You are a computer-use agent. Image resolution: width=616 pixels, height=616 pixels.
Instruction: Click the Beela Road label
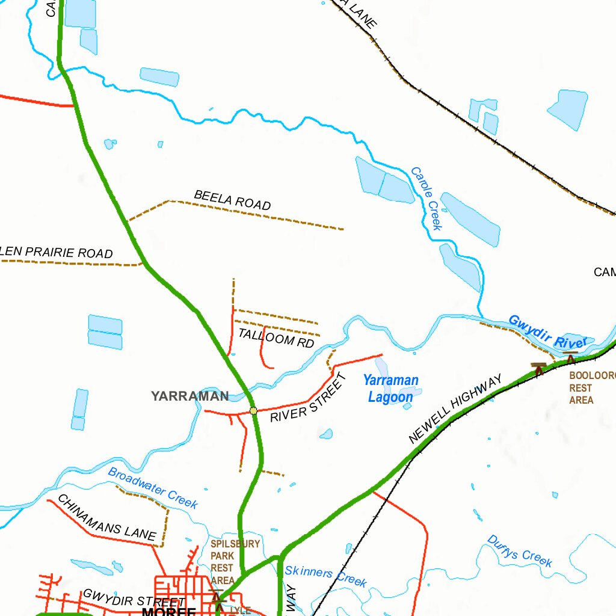point(232,200)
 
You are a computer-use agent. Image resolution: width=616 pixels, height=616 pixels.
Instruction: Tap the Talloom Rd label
point(276,337)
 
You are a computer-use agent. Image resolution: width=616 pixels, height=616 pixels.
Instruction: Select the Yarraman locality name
point(189,396)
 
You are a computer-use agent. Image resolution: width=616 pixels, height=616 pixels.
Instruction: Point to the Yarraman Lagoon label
point(391,389)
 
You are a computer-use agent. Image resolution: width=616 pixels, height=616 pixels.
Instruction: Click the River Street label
point(309,398)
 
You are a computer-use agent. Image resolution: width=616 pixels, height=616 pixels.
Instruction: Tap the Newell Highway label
point(455,410)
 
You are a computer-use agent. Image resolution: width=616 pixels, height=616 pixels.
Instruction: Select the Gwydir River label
point(547,332)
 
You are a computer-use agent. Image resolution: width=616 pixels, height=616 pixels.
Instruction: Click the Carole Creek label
point(427,199)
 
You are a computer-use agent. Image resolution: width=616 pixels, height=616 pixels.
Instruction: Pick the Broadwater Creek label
point(153,488)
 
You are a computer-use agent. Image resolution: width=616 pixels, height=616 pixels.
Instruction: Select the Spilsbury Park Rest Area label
point(235,562)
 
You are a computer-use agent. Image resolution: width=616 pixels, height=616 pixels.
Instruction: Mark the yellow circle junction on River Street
point(253,411)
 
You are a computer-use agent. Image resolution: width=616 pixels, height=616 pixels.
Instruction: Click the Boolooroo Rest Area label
point(592,387)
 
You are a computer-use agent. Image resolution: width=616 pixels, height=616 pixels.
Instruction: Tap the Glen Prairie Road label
point(57,253)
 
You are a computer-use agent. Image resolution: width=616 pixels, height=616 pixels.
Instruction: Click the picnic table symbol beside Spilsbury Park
point(217,597)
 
